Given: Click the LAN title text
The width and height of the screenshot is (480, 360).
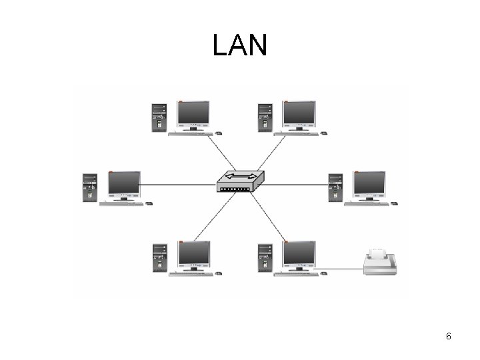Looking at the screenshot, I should tap(240, 45).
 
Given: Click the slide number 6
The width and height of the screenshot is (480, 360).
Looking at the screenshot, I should tap(449, 336).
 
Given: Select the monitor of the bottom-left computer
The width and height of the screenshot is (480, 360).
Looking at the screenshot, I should tap(193, 255).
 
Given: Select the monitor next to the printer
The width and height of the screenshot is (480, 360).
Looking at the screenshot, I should tap(299, 255).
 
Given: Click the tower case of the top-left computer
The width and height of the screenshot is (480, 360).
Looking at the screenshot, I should tap(159, 117).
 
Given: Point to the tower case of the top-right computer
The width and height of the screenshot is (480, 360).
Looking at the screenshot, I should tap(265, 117).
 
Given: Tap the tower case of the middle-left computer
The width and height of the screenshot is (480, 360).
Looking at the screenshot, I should tap(90, 187).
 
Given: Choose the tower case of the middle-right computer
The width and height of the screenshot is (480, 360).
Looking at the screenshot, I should tap(335, 187).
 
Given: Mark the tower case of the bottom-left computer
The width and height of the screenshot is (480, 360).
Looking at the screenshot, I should tap(159, 259).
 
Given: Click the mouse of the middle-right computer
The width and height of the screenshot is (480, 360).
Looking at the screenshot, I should tap(395, 203).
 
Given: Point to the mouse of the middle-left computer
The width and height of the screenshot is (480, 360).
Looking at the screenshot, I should tap(149, 203).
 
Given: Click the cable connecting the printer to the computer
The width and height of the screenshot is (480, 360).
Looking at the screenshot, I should tap(343, 271).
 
